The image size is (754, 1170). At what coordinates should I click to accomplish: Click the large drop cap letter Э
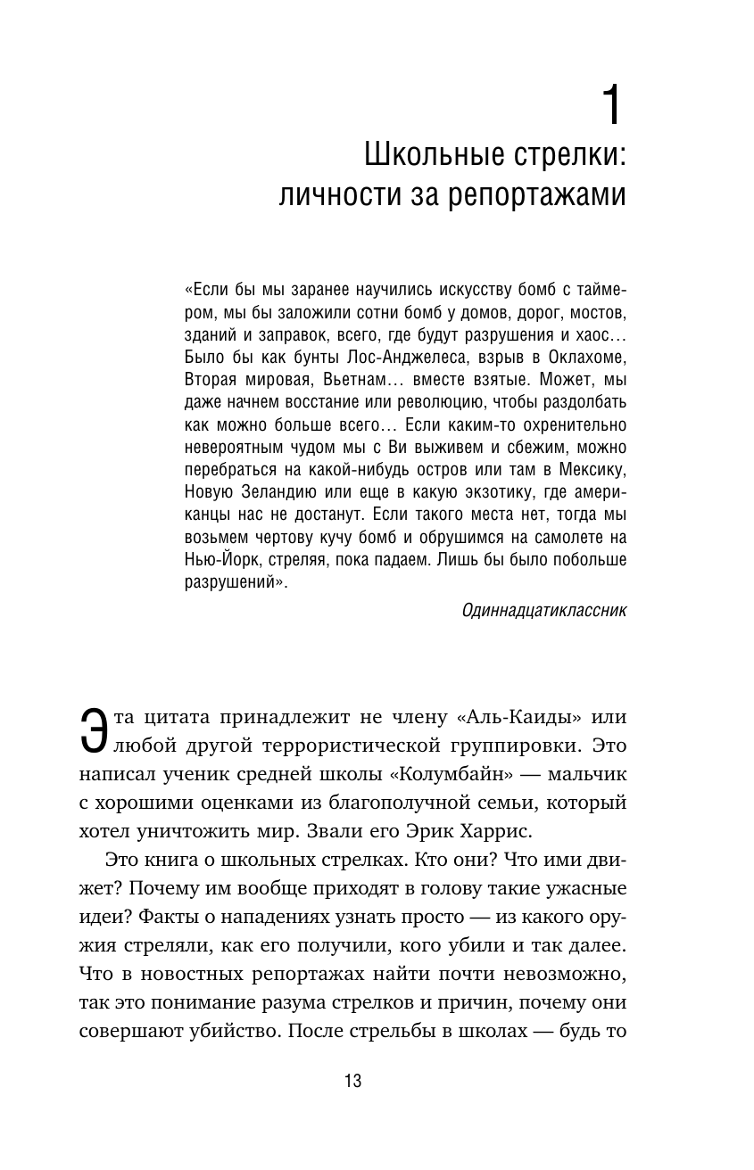pos(91,730)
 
